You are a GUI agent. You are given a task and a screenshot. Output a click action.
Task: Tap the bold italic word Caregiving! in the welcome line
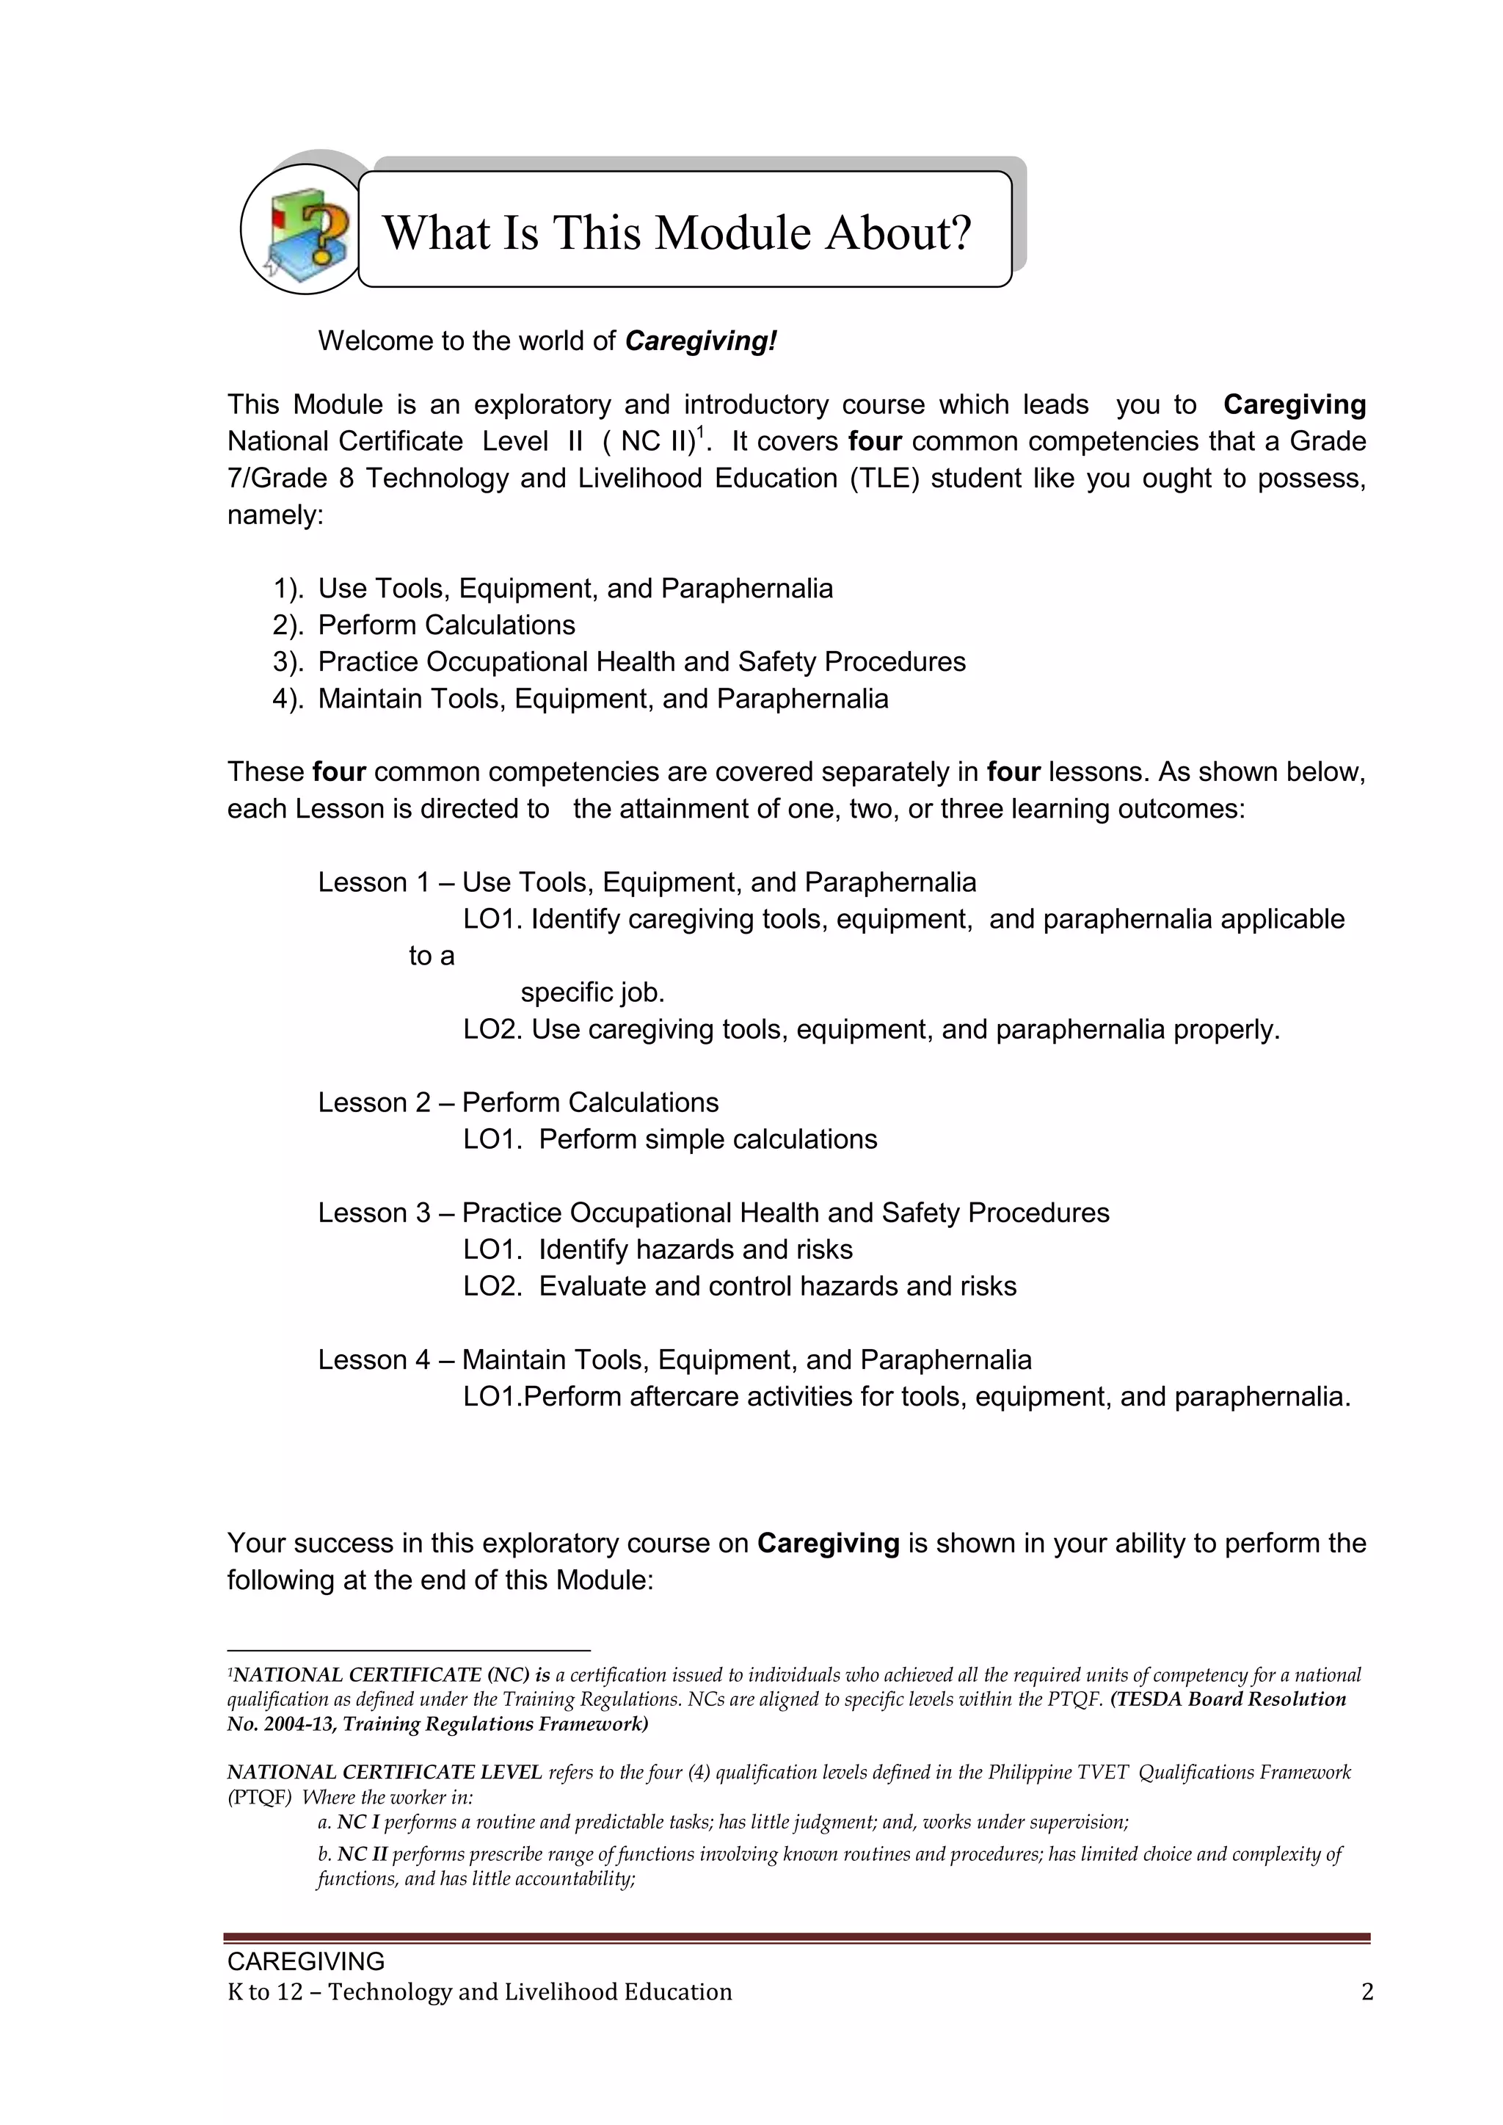[701, 341]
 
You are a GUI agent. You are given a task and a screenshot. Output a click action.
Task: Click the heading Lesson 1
[374, 882]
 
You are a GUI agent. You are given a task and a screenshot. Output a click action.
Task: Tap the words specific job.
[592, 993]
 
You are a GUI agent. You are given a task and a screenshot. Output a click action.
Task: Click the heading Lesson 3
[374, 1213]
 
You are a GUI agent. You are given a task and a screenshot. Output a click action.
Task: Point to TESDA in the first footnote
[1149, 1699]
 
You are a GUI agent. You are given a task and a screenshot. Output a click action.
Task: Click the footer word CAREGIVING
[305, 1961]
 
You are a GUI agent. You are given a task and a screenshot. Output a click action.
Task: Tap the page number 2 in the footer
[1367, 1991]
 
